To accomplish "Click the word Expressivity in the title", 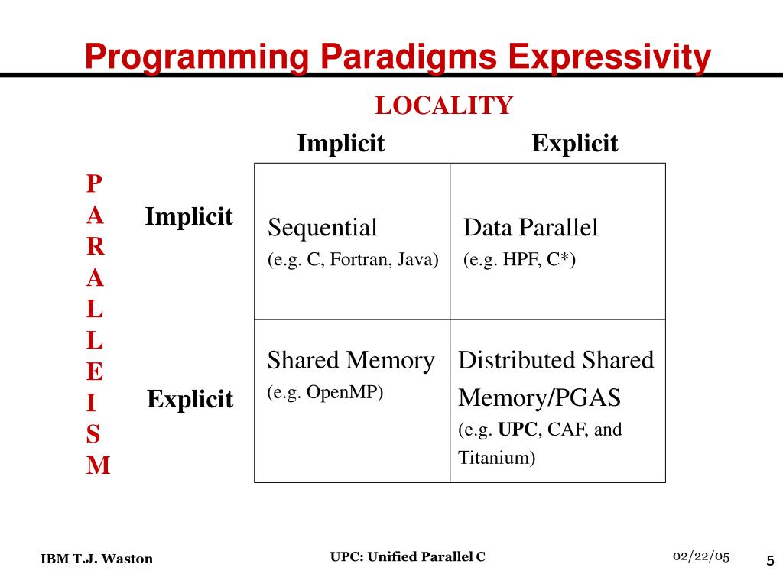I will point(610,57).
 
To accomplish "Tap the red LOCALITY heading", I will point(443,105).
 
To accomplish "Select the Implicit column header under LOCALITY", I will point(340,143).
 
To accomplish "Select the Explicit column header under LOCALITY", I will point(574,143).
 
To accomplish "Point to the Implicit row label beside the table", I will point(189,217).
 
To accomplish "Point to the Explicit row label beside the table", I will point(190,399).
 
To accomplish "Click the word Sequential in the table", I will point(322,228).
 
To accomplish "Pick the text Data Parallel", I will point(531,228).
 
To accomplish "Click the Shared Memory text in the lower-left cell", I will point(350,360).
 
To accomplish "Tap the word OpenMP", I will point(351,393).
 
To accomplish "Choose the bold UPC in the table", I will point(518,430).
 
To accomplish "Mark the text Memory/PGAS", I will point(539,398).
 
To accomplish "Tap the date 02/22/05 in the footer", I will point(701,556).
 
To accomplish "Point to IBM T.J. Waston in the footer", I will point(96,559).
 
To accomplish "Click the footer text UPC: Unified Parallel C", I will point(408,556).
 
